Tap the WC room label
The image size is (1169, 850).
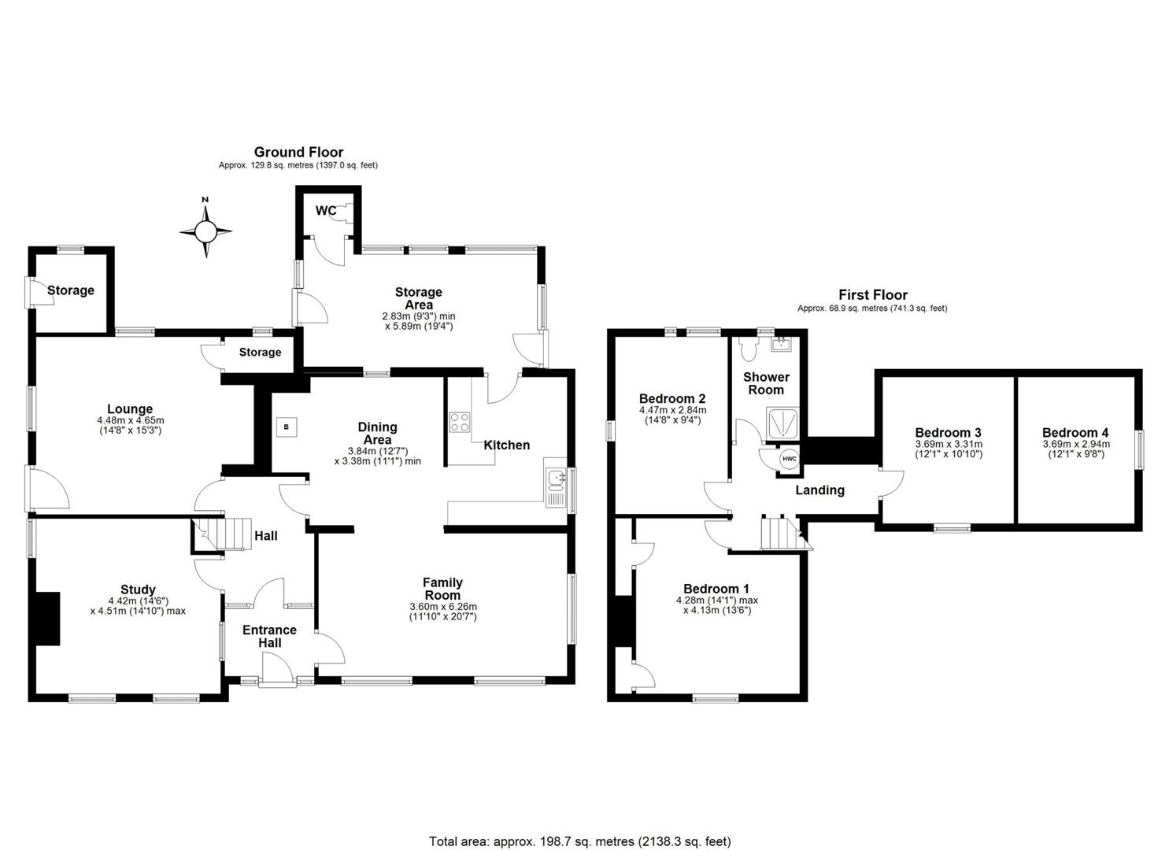coord(326,211)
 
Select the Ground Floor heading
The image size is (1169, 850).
coord(298,152)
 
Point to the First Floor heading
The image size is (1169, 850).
coord(872,294)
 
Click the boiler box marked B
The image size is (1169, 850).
coord(287,427)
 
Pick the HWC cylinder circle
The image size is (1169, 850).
coord(788,460)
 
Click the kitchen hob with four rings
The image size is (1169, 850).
coord(459,422)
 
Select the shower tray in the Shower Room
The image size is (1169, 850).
coord(784,423)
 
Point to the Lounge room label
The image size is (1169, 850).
coord(130,409)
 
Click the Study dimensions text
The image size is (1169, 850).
coord(138,605)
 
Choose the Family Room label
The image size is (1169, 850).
coord(442,589)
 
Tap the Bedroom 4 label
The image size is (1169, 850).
coord(1075,433)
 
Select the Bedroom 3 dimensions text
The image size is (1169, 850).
coord(948,449)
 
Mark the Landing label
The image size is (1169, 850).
coord(819,490)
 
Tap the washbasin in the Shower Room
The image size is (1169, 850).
coord(780,344)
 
